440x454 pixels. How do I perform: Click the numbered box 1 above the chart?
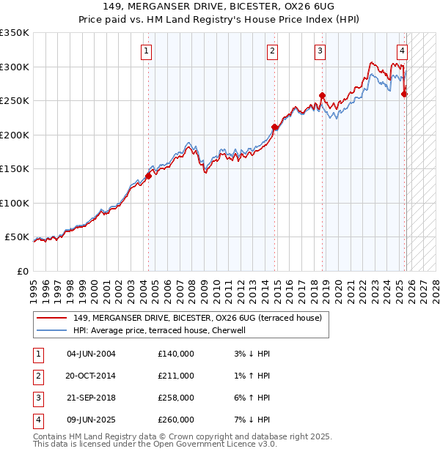coord(147,51)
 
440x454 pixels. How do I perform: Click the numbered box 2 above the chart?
coord(272,51)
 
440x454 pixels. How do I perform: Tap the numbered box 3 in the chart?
coord(320,51)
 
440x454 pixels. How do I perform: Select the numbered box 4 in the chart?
coord(403,51)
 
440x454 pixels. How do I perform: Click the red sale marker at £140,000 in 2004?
coord(148,176)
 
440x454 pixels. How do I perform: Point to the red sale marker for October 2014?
coord(275,127)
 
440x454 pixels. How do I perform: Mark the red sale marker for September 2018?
coord(322,95)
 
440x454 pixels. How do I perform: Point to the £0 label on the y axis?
coord(21,272)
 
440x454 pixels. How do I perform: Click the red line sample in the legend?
coord(53,318)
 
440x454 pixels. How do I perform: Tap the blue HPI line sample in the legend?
coord(53,330)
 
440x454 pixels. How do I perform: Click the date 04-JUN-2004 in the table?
coord(91,354)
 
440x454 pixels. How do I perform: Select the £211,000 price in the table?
coord(176,376)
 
